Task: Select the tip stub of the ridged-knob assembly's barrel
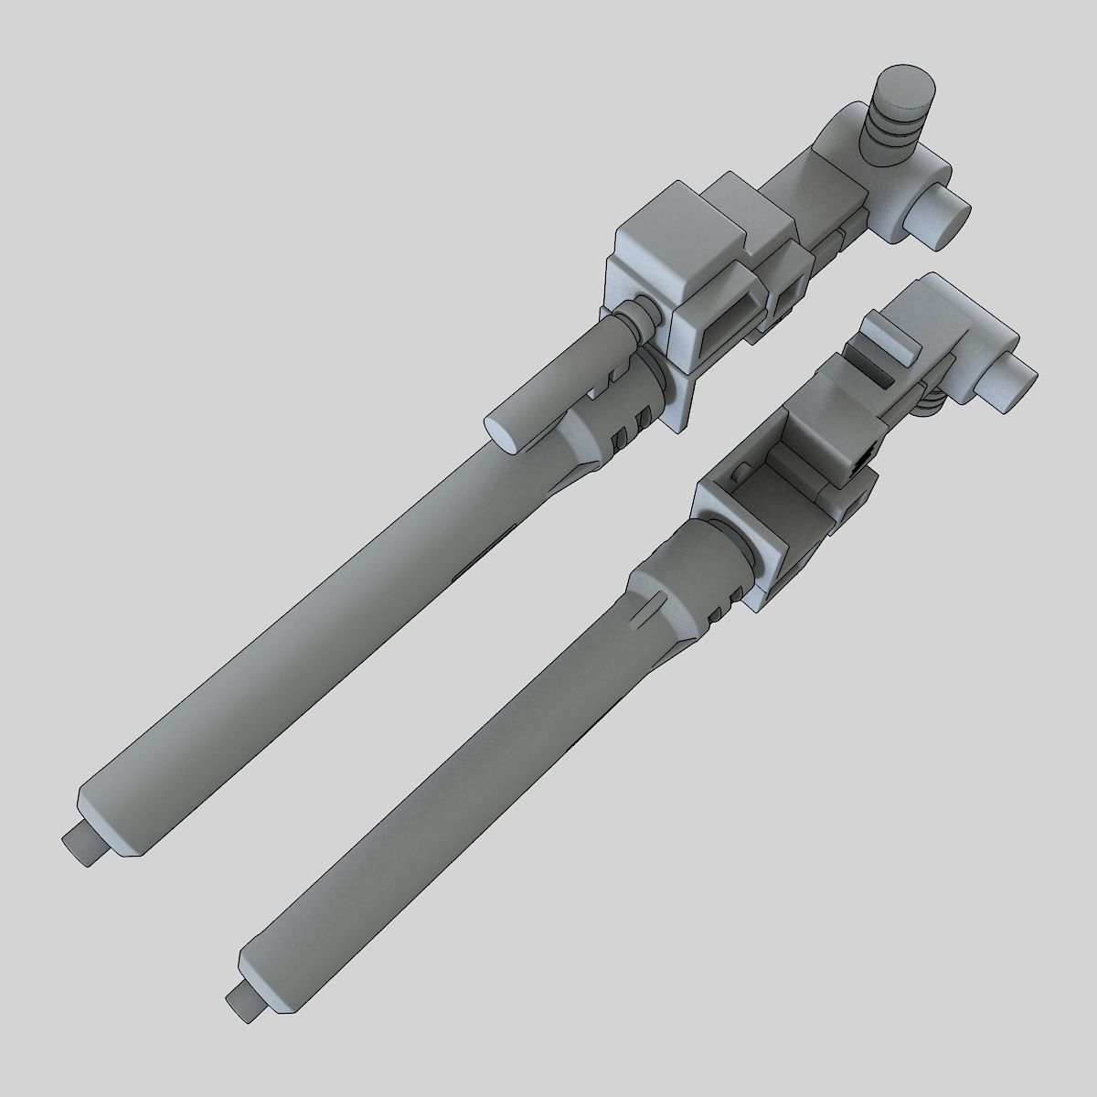[86, 845]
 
